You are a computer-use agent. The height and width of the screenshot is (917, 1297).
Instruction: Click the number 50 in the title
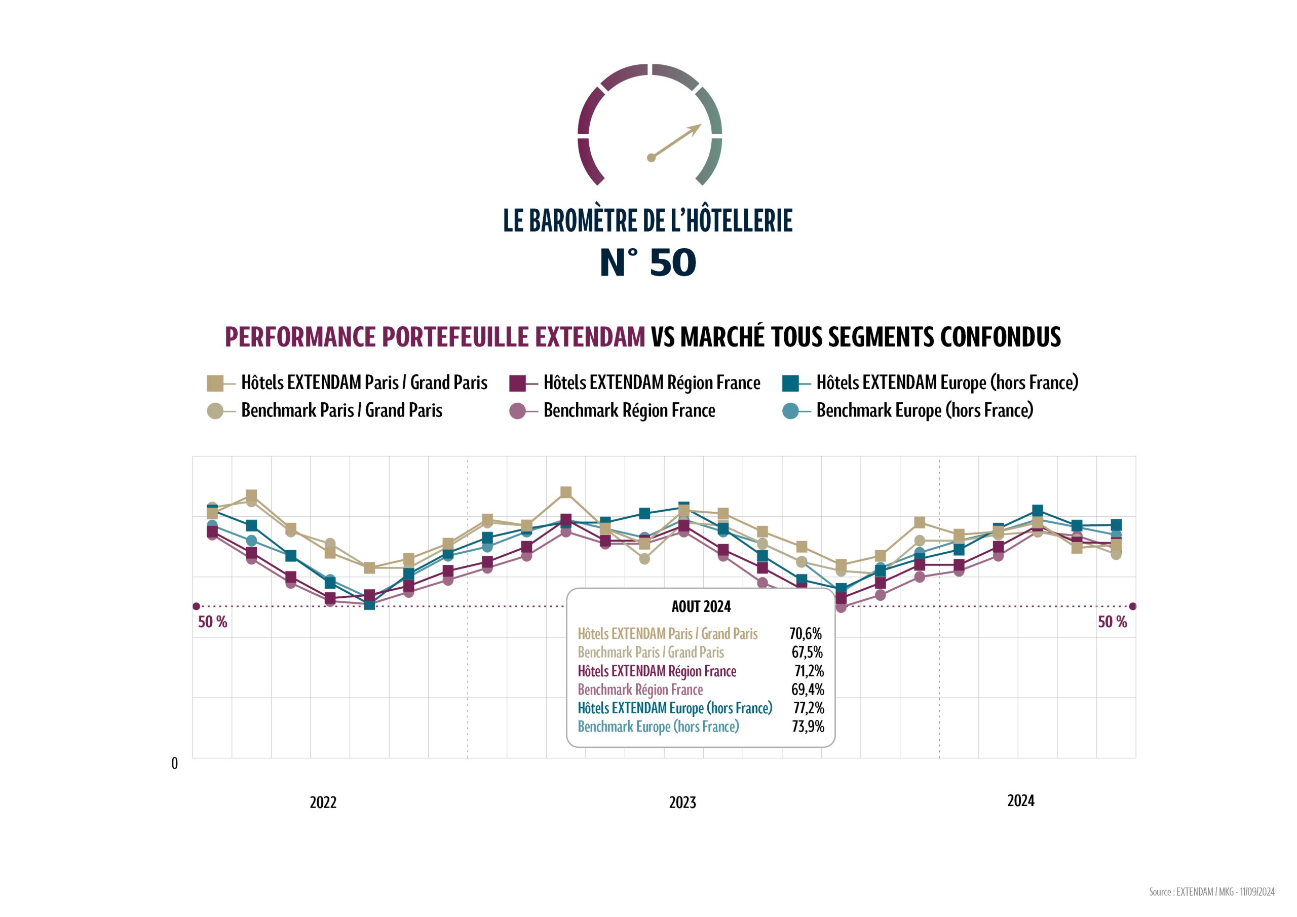pyautogui.click(x=672, y=263)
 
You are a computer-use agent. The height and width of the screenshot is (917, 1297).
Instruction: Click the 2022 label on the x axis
pyautogui.click(x=323, y=803)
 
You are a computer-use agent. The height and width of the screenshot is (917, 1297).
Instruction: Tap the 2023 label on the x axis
pyautogui.click(x=682, y=803)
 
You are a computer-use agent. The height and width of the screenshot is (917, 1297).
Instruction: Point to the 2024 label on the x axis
pyautogui.click(x=1020, y=800)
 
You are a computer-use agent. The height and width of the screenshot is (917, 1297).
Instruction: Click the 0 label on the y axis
pyautogui.click(x=175, y=763)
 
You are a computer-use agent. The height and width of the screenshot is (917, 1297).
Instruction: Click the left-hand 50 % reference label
pyautogui.click(x=212, y=622)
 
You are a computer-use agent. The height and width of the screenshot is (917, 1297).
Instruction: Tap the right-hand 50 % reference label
pyautogui.click(x=1112, y=622)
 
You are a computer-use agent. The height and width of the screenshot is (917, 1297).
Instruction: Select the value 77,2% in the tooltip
pyautogui.click(x=809, y=708)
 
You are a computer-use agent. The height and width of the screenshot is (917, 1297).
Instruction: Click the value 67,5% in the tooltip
pyautogui.click(x=807, y=652)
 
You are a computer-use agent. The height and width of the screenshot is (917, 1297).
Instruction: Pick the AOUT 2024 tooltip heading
pyautogui.click(x=701, y=607)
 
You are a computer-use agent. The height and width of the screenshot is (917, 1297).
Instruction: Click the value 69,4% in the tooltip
pyautogui.click(x=807, y=690)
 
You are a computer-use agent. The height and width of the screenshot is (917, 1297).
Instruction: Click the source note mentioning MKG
pyautogui.click(x=1211, y=892)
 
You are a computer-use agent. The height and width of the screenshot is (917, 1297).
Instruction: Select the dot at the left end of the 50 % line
pyautogui.click(x=197, y=606)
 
